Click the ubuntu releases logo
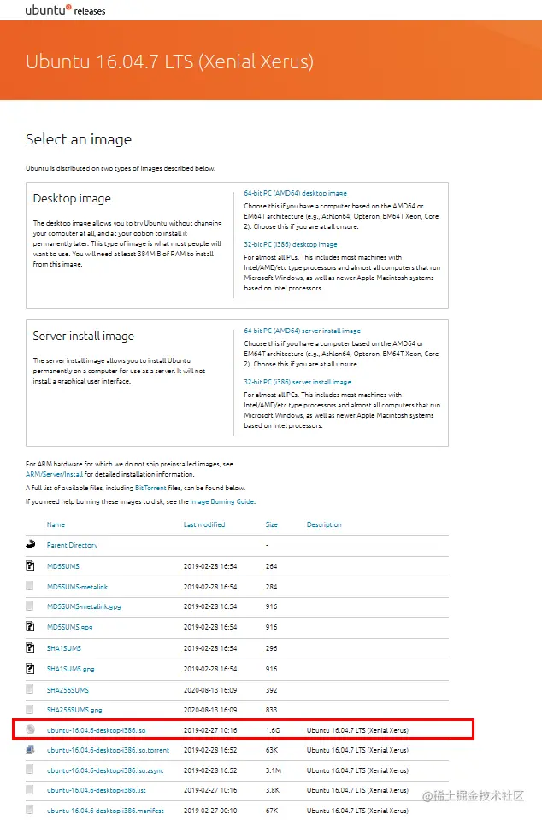[66, 11]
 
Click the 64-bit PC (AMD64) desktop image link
[295, 194]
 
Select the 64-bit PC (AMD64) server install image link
[302, 331]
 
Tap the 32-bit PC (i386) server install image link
[298, 382]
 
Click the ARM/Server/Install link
[54, 474]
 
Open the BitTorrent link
[150, 488]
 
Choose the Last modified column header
[204, 524]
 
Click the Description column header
[324, 524]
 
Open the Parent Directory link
[72, 545]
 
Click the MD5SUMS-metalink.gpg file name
[84, 606]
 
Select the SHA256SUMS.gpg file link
[74, 710]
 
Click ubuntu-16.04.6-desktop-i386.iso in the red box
[96, 730]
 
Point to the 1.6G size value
[273, 730]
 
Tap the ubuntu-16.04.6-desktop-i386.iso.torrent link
[108, 751]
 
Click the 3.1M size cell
[274, 770]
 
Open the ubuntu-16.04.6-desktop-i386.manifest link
[104, 811]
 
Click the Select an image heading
[79, 139]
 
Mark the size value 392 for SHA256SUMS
[272, 689]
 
